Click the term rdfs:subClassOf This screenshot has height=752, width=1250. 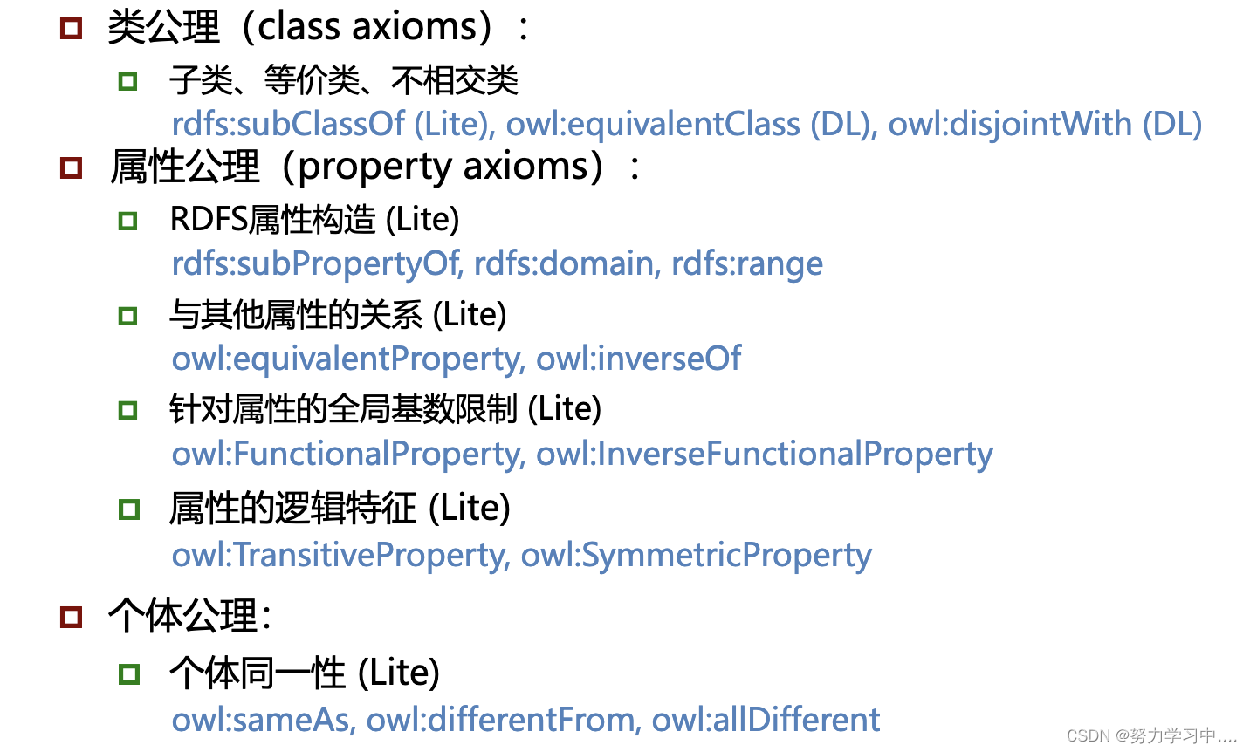(x=288, y=125)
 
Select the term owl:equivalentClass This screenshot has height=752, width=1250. (x=653, y=125)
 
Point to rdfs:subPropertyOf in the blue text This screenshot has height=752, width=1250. (x=316, y=263)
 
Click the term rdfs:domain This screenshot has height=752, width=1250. (x=567, y=263)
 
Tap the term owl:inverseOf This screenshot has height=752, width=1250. (x=638, y=359)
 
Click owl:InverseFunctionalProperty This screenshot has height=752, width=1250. (x=764, y=454)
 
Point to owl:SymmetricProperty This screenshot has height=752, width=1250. (x=696, y=555)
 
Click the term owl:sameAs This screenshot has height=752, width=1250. (x=263, y=720)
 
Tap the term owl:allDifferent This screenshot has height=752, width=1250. (x=766, y=720)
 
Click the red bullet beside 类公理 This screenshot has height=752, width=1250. (x=71, y=28)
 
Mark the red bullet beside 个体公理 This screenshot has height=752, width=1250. (x=71, y=617)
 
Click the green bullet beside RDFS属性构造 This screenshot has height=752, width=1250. (x=128, y=221)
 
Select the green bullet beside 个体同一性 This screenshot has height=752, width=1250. (x=128, y=673)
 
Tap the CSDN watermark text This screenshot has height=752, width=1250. (x=1150, y=735)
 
